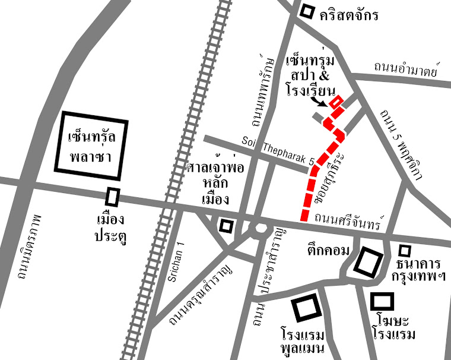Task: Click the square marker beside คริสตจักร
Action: click(307, 11)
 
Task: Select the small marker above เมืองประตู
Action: click(112, 197)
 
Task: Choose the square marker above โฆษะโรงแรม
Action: click(382, 301)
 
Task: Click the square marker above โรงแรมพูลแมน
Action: click(307, 308)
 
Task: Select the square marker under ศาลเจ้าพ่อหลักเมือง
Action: click(225, 225)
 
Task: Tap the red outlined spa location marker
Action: click(336, 103)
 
